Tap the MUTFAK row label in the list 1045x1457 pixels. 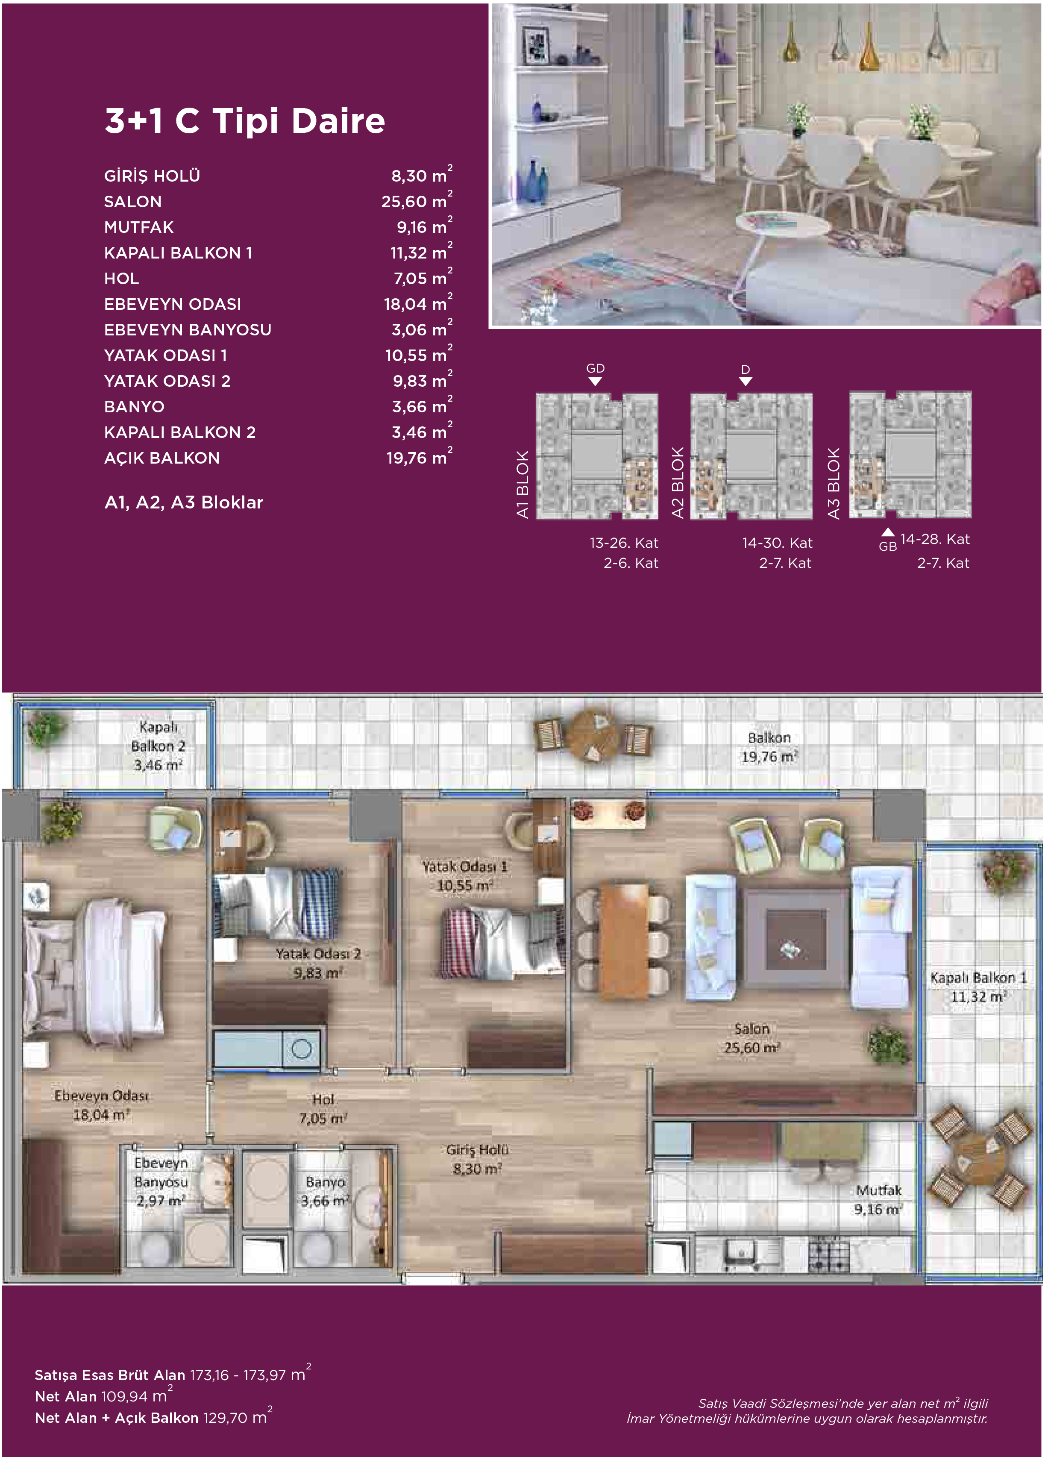[139, 227]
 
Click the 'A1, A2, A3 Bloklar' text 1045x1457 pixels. [184, 502]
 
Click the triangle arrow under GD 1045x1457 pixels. [596, 382]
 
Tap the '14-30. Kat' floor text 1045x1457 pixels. [777, 543]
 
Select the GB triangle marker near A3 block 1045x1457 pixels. [888, 532]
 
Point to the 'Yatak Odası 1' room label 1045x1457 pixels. [464, 867]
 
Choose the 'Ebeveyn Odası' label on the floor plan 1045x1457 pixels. [102, 1096]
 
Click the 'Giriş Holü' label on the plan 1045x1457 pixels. [477, 1149]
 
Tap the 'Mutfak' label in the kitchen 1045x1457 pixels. [879, 1190]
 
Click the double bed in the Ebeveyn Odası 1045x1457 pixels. [94, 974]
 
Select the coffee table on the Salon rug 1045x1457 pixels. [795, 939]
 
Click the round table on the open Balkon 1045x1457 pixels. [595, 735]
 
